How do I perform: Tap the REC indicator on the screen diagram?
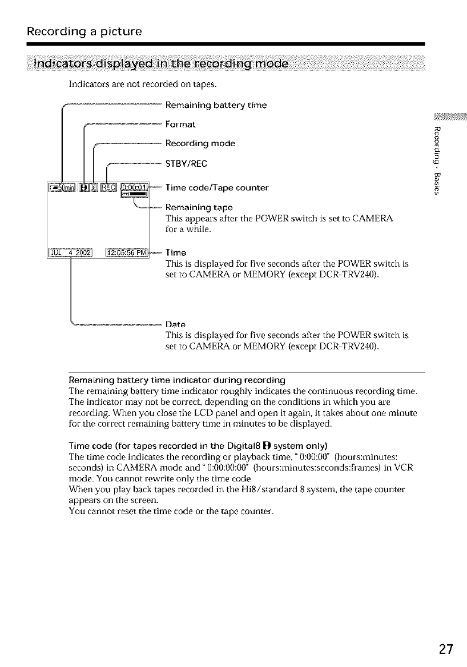click(x=108, y=187)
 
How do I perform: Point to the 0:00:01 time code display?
click(x=133, y=187)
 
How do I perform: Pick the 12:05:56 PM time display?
click(x=126, y=252)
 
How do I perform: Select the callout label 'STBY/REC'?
click(x=186, y=164)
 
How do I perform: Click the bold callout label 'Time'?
click(x=175, y=253)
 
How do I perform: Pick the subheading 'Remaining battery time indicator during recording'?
click(x=176, y=379)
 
